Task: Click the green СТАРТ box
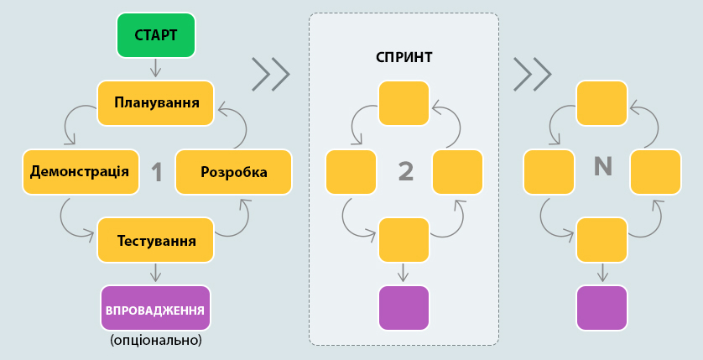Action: pyautogui.click(x=155, y=35)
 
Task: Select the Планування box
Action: pyautogui.click(x=155, y=103)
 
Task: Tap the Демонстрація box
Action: pyautogui.click(x=80, y=172)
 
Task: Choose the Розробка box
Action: pyautogui.click(x=233, y=172)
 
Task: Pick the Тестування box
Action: pyautogui.click(x=156, y=241)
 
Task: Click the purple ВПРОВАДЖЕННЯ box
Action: pyautogui.click(x=155, y=309)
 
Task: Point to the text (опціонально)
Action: pyautogui.click(x=155, y=341)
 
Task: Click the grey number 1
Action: pyautogui.click(x=156, y=173)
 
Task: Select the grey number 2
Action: pyautogui.click(x=405, y=171)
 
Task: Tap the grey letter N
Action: pyautogui.click(x=602, y=167)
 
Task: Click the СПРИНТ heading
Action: pyautogui.click(x=404, y=58)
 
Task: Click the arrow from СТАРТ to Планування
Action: pyautogui.click(x=155, y=68)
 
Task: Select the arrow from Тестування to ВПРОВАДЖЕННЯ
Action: pyautogui.click(x=155, y=273)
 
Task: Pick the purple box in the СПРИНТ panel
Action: pyautogui.click(x=404, y=308)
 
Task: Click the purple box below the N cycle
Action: pyautogui.click(x=601, y=308)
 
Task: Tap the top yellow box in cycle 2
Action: pyautogui.click(x=404, y=103)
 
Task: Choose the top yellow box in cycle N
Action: pyautogui.click(x=601, y=103)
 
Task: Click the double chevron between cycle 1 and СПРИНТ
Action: pyautogui.click(x=270, y=75)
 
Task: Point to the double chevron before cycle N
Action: pyautogui.click(x=532, y=75)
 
